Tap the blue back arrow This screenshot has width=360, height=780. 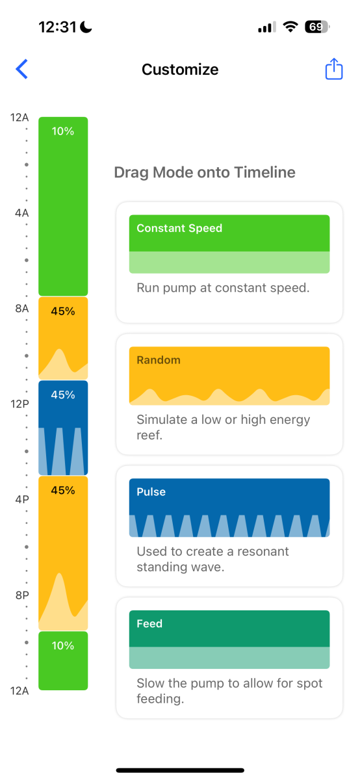tap(21, 69)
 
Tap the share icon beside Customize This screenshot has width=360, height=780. tap(334, 69)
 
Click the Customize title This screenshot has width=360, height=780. tap(180, 70)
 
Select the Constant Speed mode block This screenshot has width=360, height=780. tap(229, 244)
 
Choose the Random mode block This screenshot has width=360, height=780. tap(229, 376)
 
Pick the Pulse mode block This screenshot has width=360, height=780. tap(229, 508)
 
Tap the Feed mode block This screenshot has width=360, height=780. tap(229, 640)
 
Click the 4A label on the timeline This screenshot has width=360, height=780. tap(21, 213)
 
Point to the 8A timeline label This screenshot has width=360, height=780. tap(21, 308)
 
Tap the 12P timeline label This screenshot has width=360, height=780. tap(19, 404)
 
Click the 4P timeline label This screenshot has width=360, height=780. tap(21, 499)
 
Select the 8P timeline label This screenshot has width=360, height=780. tap(21, 595)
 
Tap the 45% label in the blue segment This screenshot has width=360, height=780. tap(63, 395)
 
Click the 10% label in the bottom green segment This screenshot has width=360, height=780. tap(63, 645)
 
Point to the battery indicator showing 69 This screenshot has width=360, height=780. tap(317, 27)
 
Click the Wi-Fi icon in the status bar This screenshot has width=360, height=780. tap(290, 27)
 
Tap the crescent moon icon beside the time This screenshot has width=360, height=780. tap(86, 27)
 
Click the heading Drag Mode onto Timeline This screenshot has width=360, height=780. tap(205, 172)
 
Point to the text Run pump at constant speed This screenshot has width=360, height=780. tap(223, 287)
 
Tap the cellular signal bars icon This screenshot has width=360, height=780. tap(267, 27)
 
